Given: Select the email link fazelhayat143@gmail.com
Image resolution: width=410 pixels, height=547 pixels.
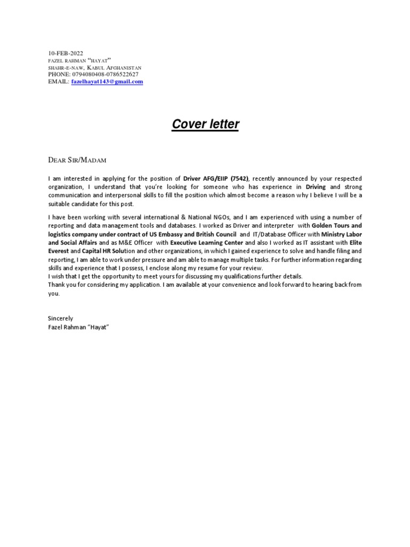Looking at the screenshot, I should [x=107, y=82].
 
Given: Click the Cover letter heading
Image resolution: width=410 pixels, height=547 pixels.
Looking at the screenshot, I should [x=206, y=124].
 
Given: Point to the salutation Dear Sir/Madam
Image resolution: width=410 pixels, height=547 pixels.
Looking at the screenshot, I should [x=77, y=159].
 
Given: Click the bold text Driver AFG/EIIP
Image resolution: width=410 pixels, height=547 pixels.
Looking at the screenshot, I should [x=206, y=178].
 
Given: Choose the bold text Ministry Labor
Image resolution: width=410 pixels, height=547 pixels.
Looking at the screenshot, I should [x=341, y=234].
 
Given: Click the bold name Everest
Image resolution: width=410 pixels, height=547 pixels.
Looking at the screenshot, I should [x=58, y=251].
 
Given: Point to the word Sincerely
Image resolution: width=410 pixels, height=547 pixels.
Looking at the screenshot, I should [x=60, y=318].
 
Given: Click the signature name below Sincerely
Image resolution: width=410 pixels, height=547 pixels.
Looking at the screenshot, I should [x=78, y=326].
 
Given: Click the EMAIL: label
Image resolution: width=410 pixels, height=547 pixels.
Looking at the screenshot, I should [x=58, y=82].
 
